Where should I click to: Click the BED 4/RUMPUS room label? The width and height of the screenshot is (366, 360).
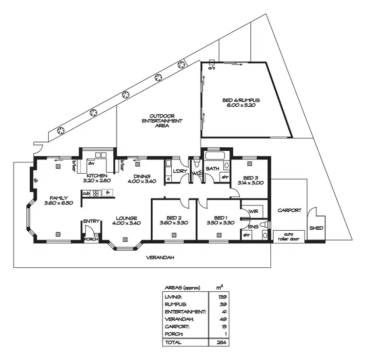click(x=239, y=100)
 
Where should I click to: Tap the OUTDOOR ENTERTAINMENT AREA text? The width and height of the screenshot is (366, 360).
click(x=159, y=120)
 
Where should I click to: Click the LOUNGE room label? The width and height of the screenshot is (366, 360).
click(x=126, y=218)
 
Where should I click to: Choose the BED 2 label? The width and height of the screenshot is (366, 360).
click(x=174, y=218)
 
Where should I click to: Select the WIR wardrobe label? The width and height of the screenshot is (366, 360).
click(x=253, y=211)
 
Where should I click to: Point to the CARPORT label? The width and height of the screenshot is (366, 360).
click(x=289, y=211)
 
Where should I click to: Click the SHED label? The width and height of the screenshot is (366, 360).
click(x=316, y=228)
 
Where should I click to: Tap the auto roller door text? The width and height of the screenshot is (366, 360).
click(x=289, y=236)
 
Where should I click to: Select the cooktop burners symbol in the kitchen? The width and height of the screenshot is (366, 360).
click(x=96, y=193)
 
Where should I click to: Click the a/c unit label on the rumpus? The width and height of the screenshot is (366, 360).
click(x=212, y=68)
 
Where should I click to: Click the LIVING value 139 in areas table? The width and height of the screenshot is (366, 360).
click(x=222, y=296)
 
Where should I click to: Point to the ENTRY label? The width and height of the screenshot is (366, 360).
click(x=91, y=221)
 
